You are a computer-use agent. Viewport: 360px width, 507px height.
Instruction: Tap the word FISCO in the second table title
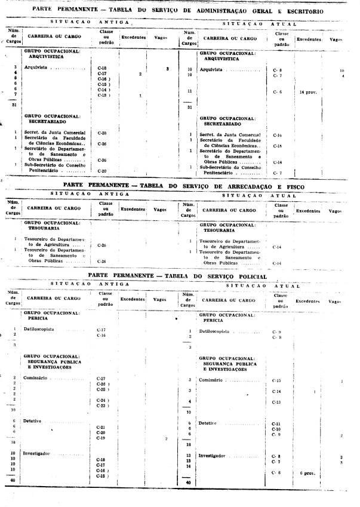292,186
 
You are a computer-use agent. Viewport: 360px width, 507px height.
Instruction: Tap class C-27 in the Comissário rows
101,379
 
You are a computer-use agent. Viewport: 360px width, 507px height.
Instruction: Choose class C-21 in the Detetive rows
101,428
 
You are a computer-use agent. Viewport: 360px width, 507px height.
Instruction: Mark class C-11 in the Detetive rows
276,423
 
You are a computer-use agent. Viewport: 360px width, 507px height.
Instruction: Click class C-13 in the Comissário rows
276,402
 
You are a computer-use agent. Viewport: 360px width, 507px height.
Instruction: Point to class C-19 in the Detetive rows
101,438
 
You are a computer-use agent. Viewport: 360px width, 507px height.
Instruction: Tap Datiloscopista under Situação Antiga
41,330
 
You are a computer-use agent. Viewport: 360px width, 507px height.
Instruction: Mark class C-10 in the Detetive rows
276,429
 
